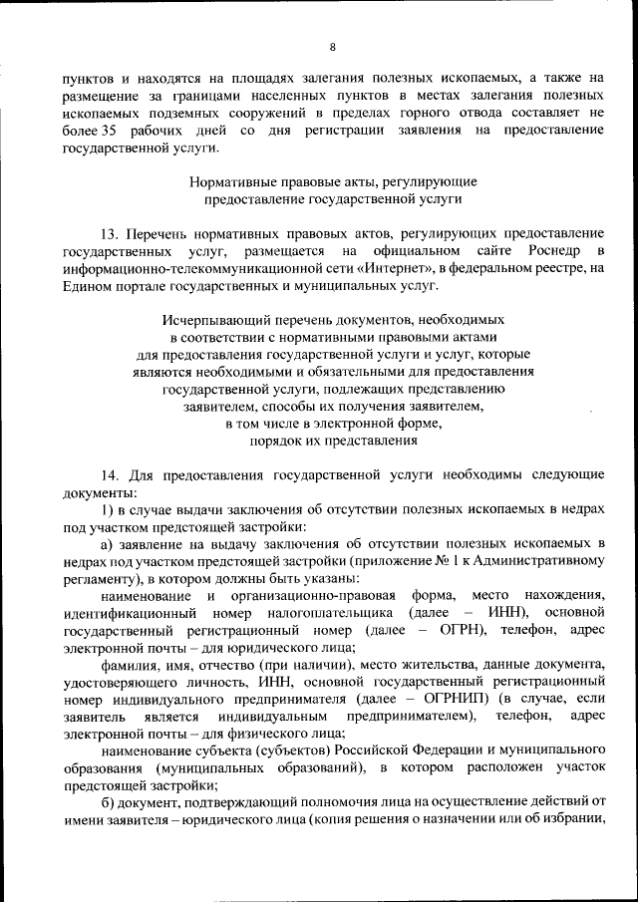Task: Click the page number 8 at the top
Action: coord(332,47)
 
